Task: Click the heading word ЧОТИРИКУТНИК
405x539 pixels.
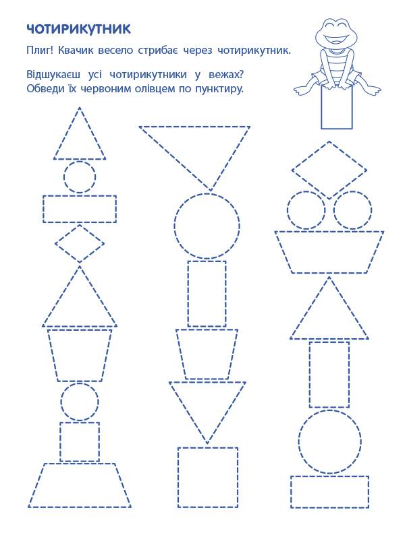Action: (78, 29)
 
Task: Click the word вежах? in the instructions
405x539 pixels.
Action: (226, 74)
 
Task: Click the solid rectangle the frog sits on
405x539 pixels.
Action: (336, 107)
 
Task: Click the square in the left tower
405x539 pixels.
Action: (60, 442)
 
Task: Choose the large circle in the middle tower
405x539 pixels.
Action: (174, 226)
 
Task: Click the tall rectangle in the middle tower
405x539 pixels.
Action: (188, 294)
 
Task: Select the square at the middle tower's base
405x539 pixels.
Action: (178, 478)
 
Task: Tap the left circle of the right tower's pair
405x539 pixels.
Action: (288, 210)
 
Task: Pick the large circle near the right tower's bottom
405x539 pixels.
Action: (298, 442)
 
